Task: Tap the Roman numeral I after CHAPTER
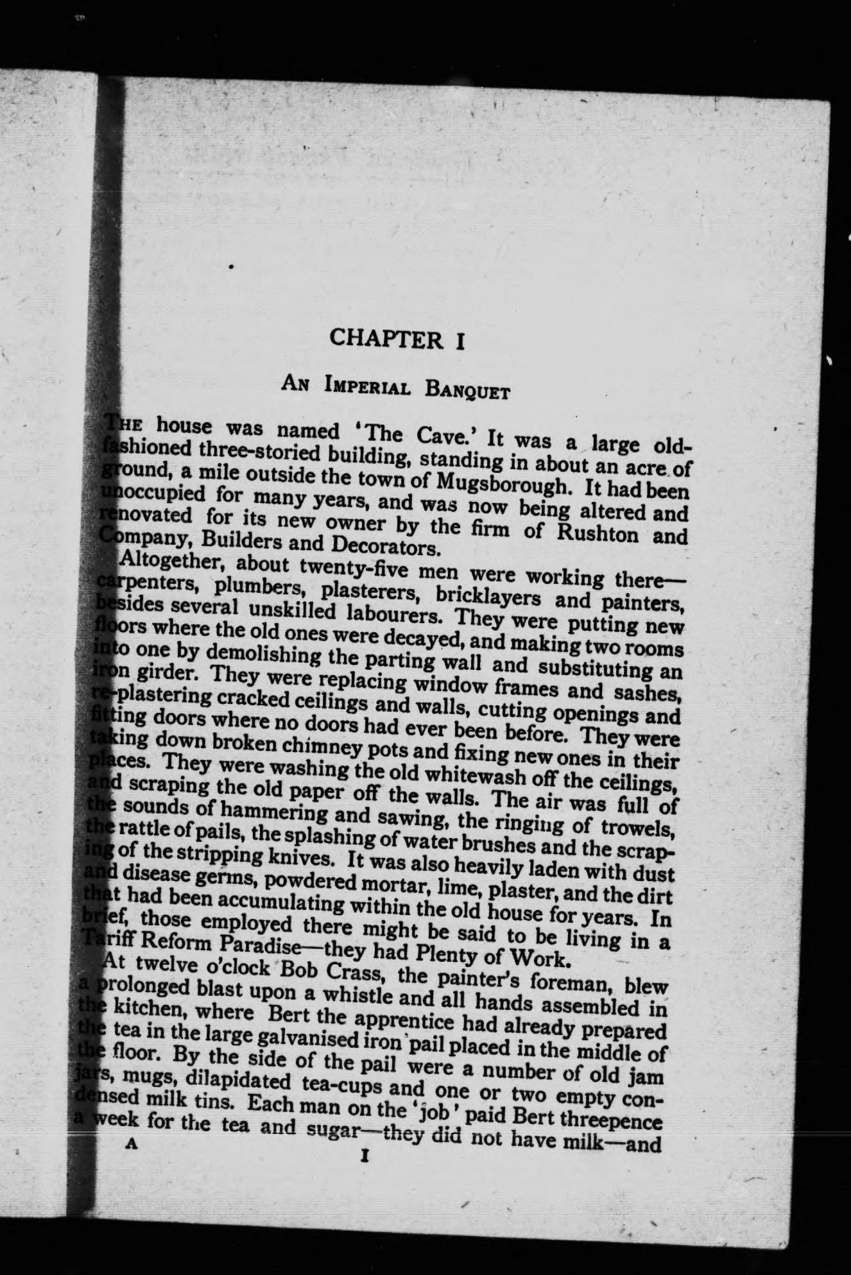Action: click(x=460, y=340)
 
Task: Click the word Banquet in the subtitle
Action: click(x=468, y=389)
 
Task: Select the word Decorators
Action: click(x=384, y=547)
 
